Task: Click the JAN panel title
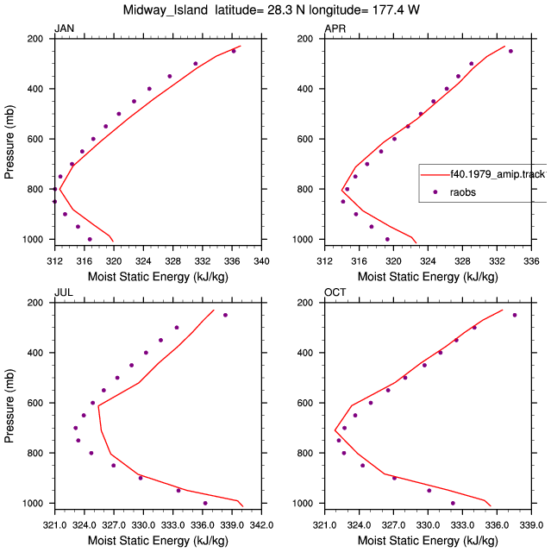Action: pyautogui.click(x=64, y=28)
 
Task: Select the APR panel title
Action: pyautogui.click(x=335, y=28)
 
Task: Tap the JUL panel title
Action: pyautogui.click(x=64, y=292)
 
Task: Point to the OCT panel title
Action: pyautogui.click(x=335, y=292)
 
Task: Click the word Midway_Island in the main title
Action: pyautogui.click(x=166, y=9)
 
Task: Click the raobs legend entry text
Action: pyautogui.click(x=463, y=192)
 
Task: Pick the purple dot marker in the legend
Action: pyautogui.click(x=435, y=191)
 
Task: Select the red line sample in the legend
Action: pyautogui.click(x=435, y=174)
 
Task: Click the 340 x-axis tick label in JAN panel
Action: pyautogui.click(x=261, y=261)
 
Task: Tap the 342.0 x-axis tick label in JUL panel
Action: pyautogui.click(x=261, y=525)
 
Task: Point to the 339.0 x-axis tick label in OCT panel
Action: pyautogui.click(x=531, y=525)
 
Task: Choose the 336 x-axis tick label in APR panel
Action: pyautogui.click(x=531, y=261)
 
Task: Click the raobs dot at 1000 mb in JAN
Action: pyautogui.click(x=90, y=240)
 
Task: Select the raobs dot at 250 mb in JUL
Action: pyautogui.click(x=225, y=315)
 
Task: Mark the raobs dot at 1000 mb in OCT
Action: pyautogui.click(x=453, y=503)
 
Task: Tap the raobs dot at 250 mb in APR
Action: pyautogui.click(x=510, y=51)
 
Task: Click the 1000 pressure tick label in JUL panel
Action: pyautogui.click(x=33, y=504)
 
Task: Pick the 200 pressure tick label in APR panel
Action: pyautogui.click(x=304, y=39)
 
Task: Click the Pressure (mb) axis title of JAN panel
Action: pyautogui.click(x=9, y=141)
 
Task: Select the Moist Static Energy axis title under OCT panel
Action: pyautogui.click(x=428, y=541)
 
